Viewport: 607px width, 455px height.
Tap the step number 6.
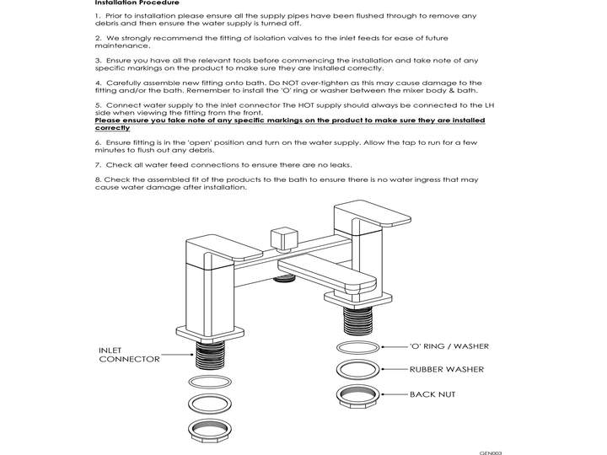[x=98, y=142]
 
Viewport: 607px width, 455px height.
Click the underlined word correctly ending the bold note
[x=112, y=128]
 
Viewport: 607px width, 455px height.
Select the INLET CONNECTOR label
[x=129, y=354]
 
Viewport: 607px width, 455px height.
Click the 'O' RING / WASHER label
[x=449, y=346]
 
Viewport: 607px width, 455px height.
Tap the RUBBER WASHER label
[x=447, y=369]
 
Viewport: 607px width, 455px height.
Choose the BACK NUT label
[x=432, y=393]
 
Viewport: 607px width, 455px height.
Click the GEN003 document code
[x=491, y=452]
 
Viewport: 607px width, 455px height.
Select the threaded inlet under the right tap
[x=358, y=320]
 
